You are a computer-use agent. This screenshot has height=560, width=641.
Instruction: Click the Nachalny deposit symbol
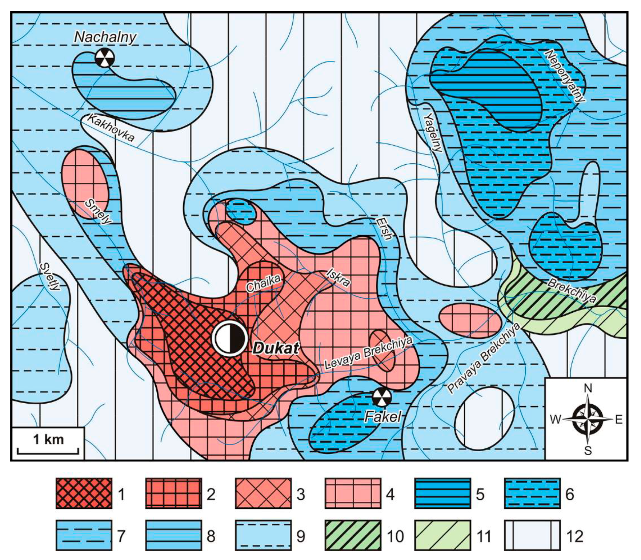point(105,57)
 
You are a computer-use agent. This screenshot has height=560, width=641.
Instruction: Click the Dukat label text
point(276,348)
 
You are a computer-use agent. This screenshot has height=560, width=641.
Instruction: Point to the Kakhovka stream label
point(111,128)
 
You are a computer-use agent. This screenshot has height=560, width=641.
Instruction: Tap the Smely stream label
point(98,212)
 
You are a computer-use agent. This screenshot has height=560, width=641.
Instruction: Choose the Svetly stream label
point(50,276)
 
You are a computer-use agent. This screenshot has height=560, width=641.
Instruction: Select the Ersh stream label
point(384,229)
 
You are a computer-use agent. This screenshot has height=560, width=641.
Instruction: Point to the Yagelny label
point(433,133)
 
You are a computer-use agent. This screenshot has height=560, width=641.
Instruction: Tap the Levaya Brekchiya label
point(368,353)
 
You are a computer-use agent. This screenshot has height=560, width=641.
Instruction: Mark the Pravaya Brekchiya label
point(483,359)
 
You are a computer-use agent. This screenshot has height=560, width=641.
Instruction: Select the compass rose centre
point(588,419)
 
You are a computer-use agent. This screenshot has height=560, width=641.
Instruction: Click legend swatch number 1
point(84,493)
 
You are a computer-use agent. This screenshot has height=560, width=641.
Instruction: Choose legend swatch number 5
point(442,493)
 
